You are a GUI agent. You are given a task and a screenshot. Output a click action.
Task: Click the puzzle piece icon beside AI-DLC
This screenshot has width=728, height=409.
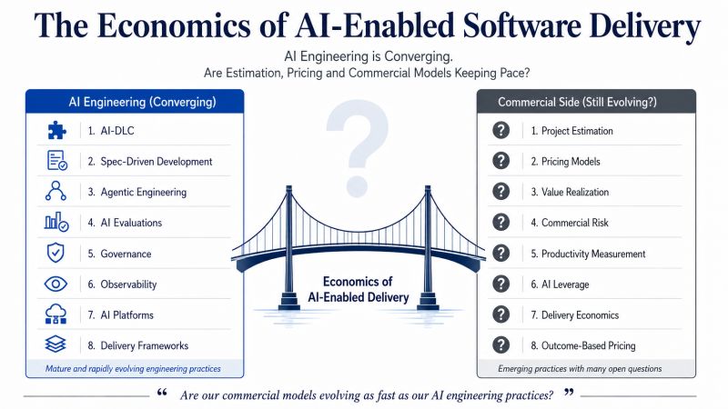[56, 130]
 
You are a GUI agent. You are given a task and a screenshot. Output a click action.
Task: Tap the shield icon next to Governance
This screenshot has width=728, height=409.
[56, 254]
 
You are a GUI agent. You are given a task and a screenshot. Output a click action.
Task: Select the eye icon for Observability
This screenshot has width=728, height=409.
[56, 284]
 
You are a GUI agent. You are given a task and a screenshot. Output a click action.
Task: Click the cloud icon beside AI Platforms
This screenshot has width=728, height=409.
[56, 314]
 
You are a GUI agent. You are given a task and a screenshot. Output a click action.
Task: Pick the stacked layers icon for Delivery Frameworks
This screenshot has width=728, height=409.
[56, 344]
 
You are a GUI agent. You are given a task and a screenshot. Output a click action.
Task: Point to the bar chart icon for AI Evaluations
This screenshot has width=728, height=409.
[56, 222]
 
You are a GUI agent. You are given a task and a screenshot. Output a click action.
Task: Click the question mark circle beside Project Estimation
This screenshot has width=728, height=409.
[501, 130]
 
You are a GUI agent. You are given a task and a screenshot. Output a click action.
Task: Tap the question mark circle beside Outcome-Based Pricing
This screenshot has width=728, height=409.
[501, 345]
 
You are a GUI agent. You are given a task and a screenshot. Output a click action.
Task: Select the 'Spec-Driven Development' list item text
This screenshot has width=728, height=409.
[157, 162]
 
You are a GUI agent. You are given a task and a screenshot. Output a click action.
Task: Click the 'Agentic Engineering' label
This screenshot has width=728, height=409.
[144, 192]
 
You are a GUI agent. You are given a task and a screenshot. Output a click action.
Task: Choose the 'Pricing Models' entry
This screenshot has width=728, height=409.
[571, 162]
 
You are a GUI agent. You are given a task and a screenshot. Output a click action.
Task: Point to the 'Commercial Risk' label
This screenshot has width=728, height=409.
[575, 223]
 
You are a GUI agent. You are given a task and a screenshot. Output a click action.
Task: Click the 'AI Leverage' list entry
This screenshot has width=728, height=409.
[565, 284]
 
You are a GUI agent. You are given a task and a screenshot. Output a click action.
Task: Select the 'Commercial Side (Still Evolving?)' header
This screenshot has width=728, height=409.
[577, 102]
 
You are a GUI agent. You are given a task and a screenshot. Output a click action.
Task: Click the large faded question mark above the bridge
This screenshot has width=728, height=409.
[357, 147]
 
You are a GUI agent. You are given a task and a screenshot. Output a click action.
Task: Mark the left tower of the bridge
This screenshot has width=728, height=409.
[288, 248]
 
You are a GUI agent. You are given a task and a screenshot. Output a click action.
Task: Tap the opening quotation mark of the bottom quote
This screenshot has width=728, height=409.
[162, 393]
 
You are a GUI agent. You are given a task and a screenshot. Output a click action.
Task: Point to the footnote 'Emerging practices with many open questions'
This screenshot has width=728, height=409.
[580, 369]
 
